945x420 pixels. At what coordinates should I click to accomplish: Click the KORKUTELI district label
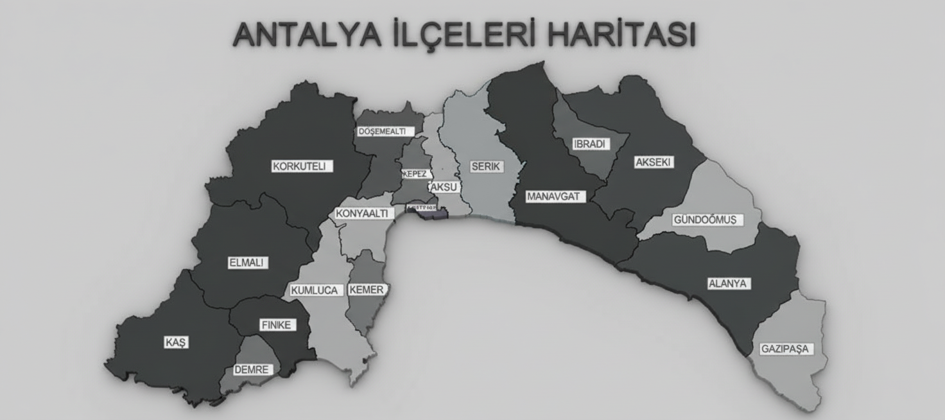tap(299, 166)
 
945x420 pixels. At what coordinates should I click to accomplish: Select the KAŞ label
tap(176, 343)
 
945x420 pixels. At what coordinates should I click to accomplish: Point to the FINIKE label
tap(276, 325)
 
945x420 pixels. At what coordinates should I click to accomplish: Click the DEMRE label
tap(251, 370)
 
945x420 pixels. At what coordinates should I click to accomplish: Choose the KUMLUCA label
tap(314, 290)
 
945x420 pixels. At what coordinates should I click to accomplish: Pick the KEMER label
tap(367, 290)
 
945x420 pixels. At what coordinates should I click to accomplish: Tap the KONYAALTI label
tap(362, 214)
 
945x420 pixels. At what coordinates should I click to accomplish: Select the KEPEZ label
tap(415, 174)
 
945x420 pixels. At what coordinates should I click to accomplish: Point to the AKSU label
tap(444, 187)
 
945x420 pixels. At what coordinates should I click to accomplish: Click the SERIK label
tap(486, 166)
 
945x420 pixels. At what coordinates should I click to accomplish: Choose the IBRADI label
tap(590, 144)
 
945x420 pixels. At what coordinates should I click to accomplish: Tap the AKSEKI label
tap(653, 162)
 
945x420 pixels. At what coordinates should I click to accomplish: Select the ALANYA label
tap(729, 283)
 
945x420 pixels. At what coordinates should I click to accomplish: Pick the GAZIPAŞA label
tap(785, 349)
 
